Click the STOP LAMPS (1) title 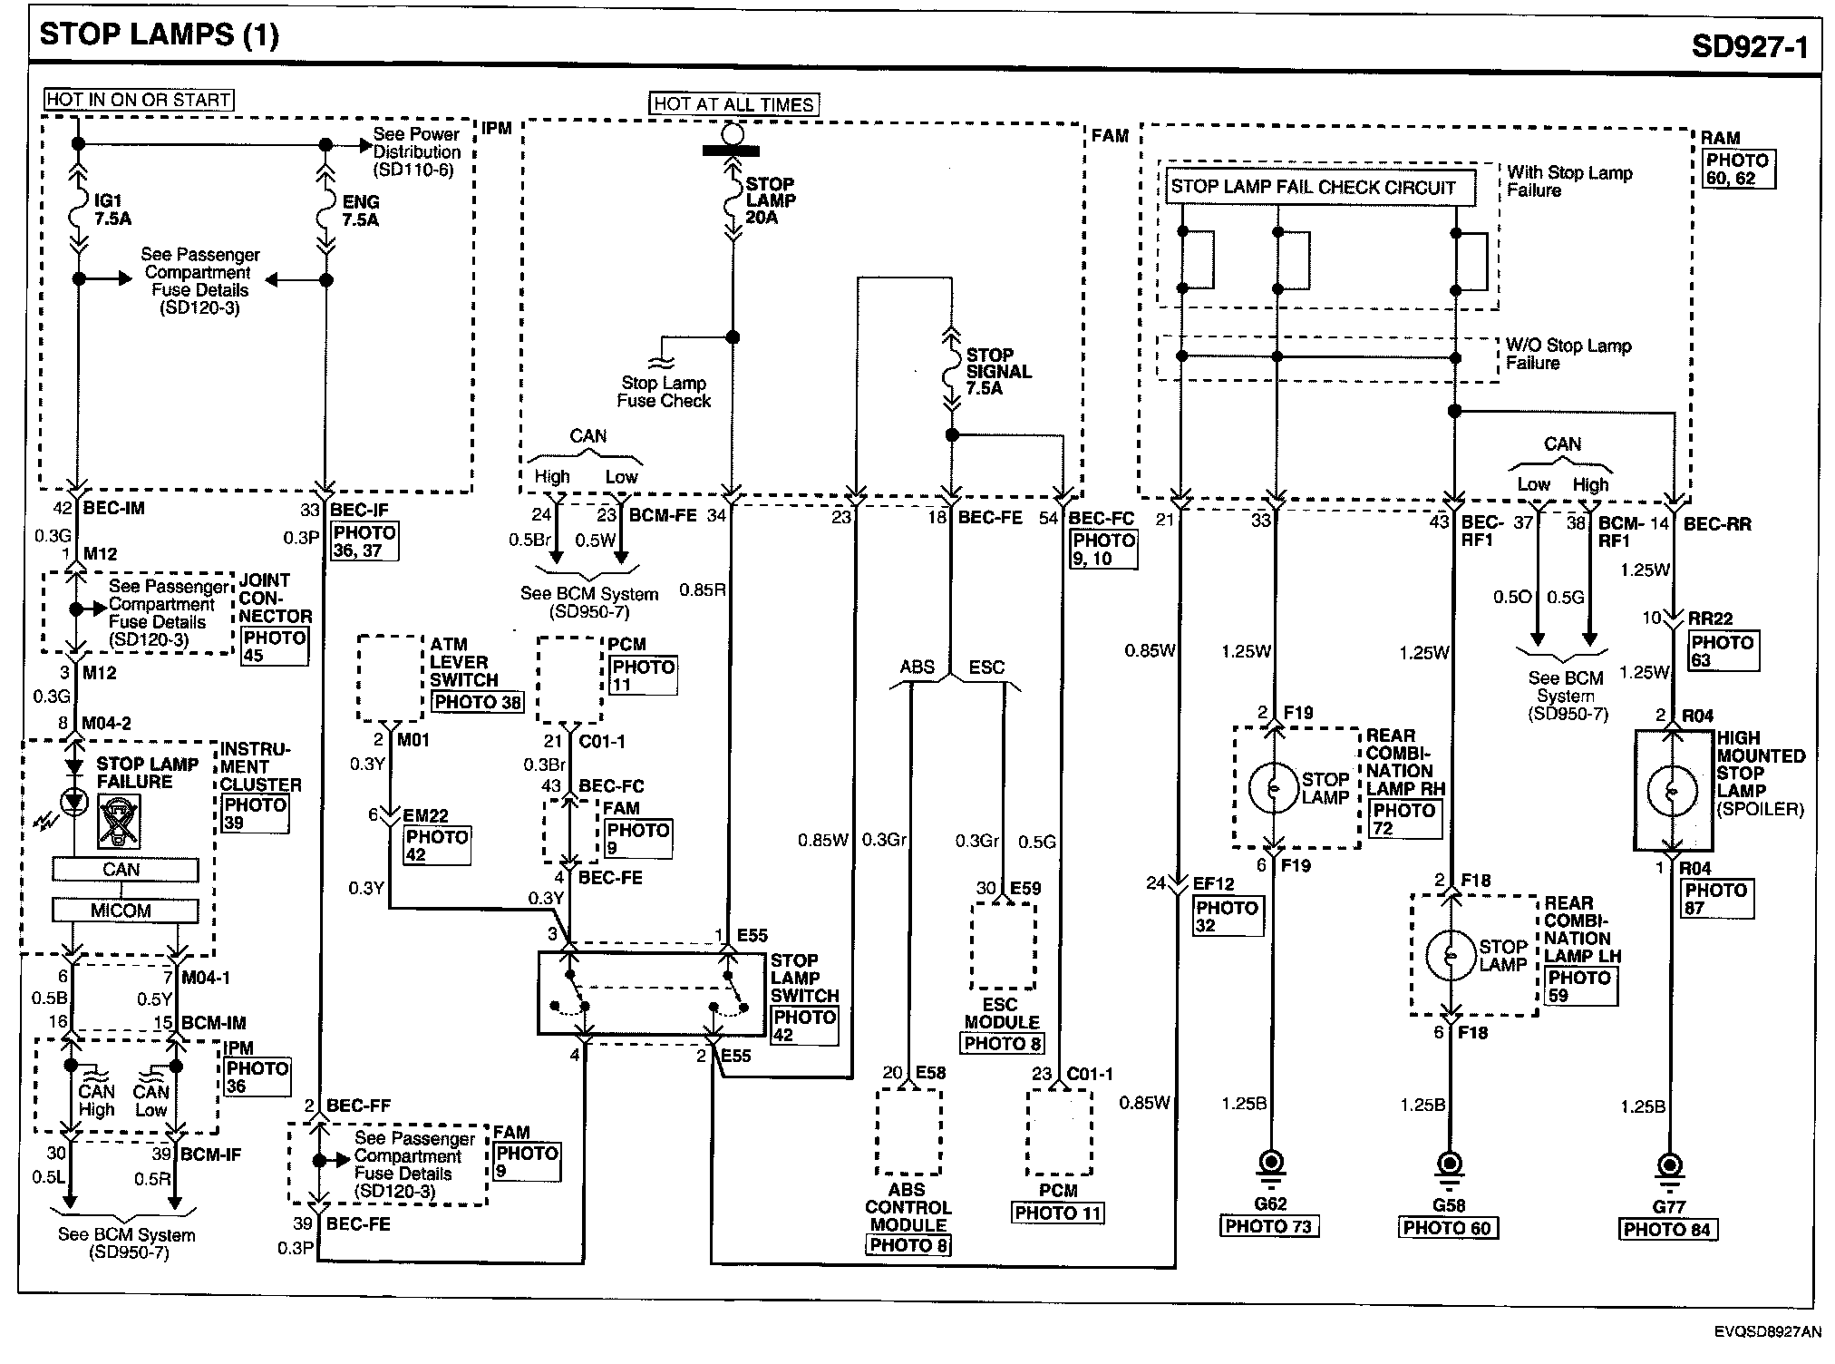(x=160, y=35)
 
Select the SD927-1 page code (x=1749, y=46)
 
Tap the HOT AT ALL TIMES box (x=733, y=104)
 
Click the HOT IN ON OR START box (x=139, y=100)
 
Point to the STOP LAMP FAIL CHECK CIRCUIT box (x=1313, y=188)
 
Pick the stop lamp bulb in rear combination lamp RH (x=1275, y=787)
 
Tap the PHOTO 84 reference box (x=1666, y=1230)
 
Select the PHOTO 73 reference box (x=1268, y=1227)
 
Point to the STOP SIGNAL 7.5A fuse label (x=997, y=371)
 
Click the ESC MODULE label (x=1001, y=1013)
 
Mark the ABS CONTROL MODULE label (x=908, y=1207)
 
